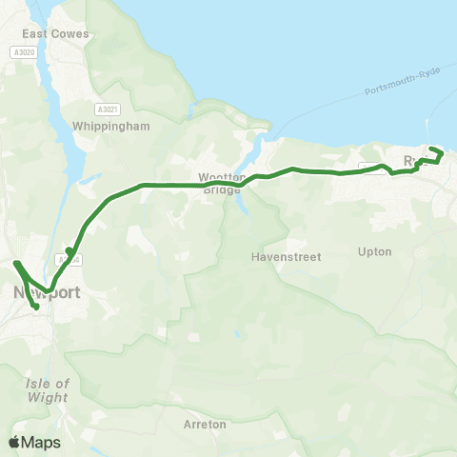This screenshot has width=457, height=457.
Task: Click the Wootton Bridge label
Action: coord(223,183)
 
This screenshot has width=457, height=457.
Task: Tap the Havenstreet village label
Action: coord(287,256)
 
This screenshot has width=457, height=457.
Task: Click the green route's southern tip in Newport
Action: coord(37,307)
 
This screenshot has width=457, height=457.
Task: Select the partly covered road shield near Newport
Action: coord(65,259)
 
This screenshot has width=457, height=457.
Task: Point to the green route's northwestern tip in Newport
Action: coord(16,262)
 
